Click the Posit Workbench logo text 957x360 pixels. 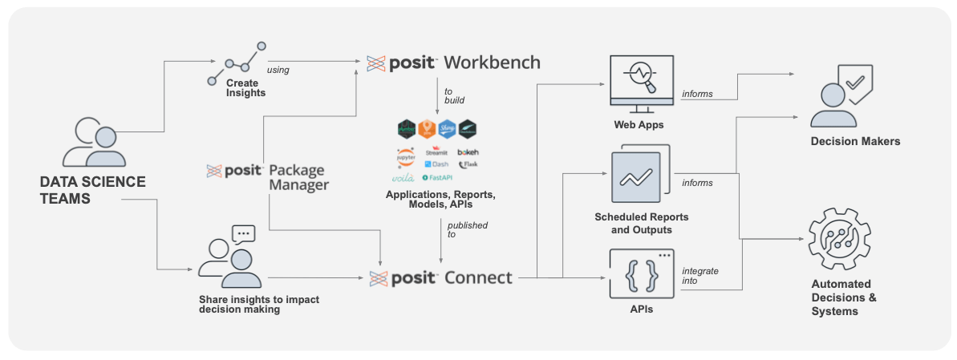click(x=453, y=63)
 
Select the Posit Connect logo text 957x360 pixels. click(x=440, y=278)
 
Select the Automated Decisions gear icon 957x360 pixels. click(x=838, y=239)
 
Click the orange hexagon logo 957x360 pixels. click(x=427, y=128)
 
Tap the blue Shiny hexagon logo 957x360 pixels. click(x=447, y=128)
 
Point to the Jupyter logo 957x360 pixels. click(x=406, y=152)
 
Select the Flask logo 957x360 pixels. click(x=468, y=164)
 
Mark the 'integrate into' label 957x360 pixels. click(x=700, y=276)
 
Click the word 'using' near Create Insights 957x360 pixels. click(x=278, y=70)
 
